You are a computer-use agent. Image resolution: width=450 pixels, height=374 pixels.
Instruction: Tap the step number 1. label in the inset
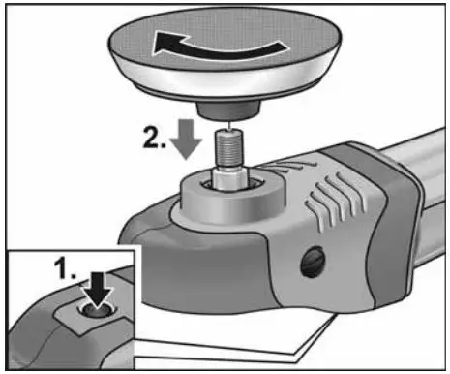point(64,272)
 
